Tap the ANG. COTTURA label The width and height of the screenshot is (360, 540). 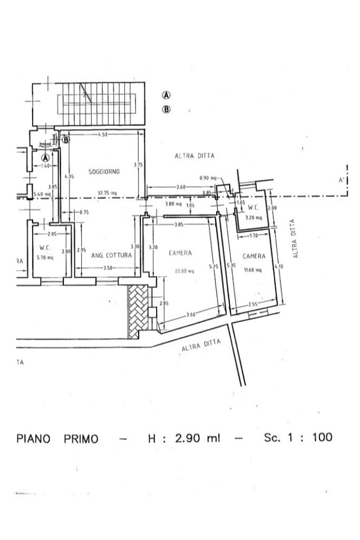coord(112,256)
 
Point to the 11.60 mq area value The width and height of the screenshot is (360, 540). coord(254,271)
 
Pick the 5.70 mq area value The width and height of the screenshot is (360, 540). coord(45,258)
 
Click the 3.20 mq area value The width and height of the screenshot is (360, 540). coord(254,217)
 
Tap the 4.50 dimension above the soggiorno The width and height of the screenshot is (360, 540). coord(102,135)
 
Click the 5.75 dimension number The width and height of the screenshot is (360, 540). coord(213,267)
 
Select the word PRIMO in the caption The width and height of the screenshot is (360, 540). coord(81,439)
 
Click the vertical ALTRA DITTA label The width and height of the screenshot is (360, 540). coord(296,239)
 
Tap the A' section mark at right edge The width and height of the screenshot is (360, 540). coord(342,180)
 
